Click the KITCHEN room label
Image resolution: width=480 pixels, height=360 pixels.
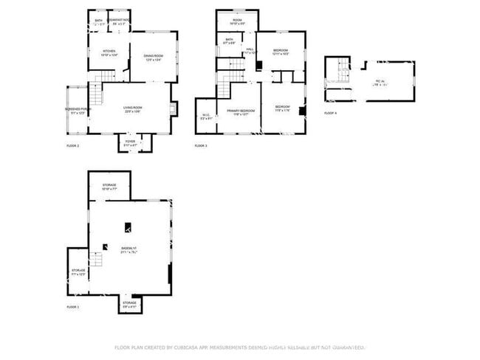coord(109,52)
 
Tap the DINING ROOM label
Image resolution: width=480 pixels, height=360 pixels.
coord(153,58)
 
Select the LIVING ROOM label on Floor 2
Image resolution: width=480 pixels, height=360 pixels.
coord(133,109)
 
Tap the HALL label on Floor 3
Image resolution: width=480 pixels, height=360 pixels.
coord(250,50)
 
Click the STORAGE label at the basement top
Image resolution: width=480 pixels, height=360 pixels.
coord(109,186)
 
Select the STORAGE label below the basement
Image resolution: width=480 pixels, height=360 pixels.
coord(129,303)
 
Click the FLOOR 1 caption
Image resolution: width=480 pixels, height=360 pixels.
coord(72,306)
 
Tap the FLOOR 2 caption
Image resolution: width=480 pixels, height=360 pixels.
coord(72,146)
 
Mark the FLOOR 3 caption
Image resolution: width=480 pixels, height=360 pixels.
coord(201,146)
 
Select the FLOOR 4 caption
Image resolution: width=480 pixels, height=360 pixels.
coord(330,113)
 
